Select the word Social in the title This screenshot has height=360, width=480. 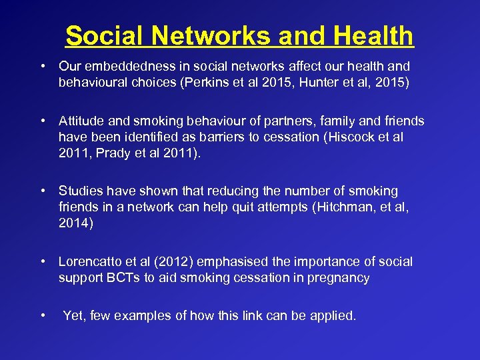(x=106, y=36)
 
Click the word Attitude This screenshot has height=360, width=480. (x=81, y=121)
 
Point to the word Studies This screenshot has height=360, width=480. (x=79, y=192)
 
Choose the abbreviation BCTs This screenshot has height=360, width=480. (x=121, y=278)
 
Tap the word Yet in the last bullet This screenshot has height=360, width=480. (x=73, y=316)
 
